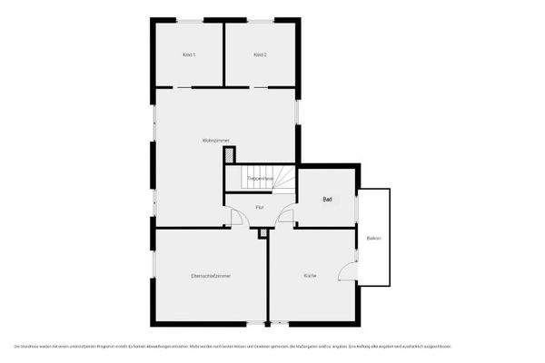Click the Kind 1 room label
click(x=189, y=55)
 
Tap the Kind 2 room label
click(x=260, y=55)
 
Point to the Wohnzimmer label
click(x=215, y=140)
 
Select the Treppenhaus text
click(x=261, y=179)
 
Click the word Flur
click(x=260, y=208)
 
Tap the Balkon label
click(x=373, y=238)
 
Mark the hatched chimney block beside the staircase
click(x=229, y=157)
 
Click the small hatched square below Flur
click(x=263, y=234)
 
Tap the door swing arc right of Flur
click(x=284, y=218)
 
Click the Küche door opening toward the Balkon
click(x=347, y=270)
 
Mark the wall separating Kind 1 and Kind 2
click(x=224, y=54)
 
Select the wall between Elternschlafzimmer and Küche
click(x=268, y=277)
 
